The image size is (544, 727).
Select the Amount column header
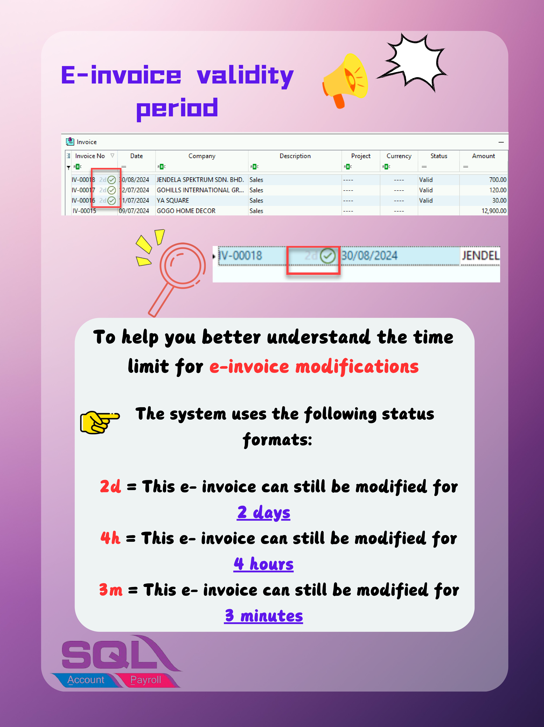pyautogui.click(x=483, y=156)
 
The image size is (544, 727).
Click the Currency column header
pyautogui.click(x=399, y=156)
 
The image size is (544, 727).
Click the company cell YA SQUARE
pyautogui.click(x=173, y=200)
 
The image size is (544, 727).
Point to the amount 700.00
pyautogui.click(x=498, y=180)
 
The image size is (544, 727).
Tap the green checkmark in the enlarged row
pyautogui.click(x=328, y=256)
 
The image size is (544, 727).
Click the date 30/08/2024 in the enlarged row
pyautogui.click(x=369, y=256)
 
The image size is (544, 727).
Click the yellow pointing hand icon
pyautogui.click(x=99, y=422)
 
